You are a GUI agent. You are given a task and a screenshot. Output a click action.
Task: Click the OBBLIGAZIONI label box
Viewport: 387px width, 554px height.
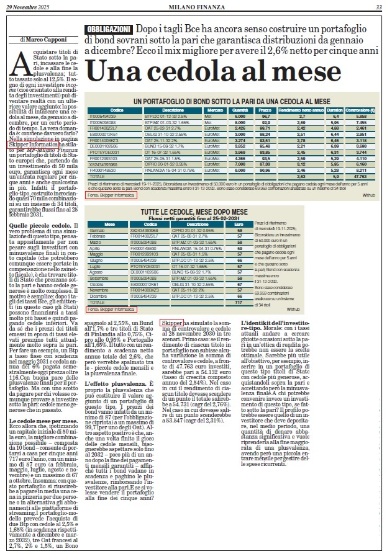pos(109,30)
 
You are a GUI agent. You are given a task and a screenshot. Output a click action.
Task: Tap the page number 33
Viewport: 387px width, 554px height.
pos(378,6)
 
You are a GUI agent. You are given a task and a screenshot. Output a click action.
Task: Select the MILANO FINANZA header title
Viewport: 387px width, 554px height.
pos(193,6)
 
